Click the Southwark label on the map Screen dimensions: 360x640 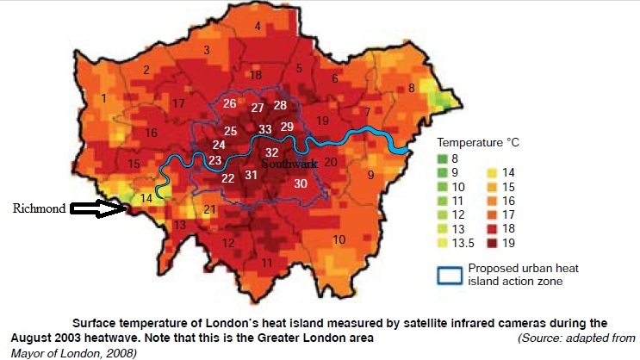290,163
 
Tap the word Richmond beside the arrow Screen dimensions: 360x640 39,208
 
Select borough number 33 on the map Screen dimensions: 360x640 265,130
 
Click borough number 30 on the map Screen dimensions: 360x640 300,183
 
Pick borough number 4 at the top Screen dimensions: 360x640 257,27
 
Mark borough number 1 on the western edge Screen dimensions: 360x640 104,99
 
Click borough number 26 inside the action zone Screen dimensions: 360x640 229,104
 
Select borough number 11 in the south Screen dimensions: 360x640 267,262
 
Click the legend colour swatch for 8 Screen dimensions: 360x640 442,158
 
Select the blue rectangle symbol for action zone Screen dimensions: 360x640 446,275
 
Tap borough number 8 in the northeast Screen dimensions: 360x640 412,88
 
